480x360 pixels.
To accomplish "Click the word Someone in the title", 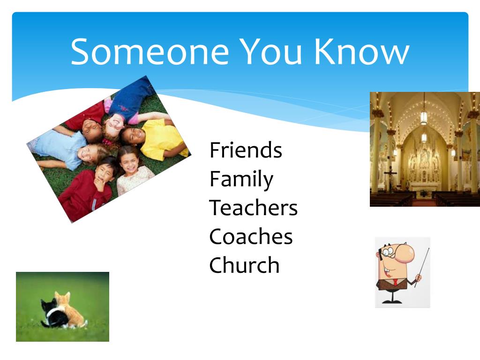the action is tap(150, 52).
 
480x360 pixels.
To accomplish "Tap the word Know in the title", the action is tap(362, 52).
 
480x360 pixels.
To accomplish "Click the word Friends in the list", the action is tap(246, 150).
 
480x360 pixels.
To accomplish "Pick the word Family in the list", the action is tap(241, 180).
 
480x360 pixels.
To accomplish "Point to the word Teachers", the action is tap(253, 208).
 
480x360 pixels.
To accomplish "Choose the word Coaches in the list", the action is tap(251, 236).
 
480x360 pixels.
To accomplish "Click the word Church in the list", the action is tap(244, 265).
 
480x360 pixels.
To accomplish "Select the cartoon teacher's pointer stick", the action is tap(422, 267).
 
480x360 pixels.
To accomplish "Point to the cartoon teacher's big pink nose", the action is tap(404, 254).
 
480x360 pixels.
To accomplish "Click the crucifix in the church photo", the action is tap(390, 177).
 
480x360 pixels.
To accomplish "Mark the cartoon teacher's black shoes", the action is tap(391, 301).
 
